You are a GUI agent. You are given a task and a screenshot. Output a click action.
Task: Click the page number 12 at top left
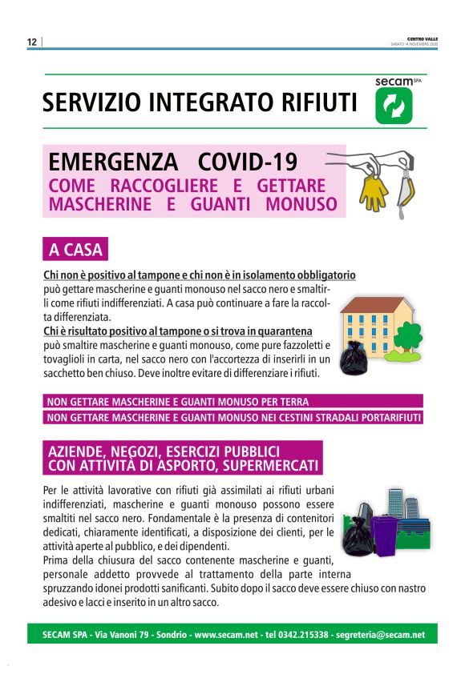tap(32, 42)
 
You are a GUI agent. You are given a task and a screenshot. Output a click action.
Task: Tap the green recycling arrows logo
tap(394, 106)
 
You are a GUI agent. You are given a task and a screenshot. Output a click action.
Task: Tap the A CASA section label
tap(75, 250)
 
